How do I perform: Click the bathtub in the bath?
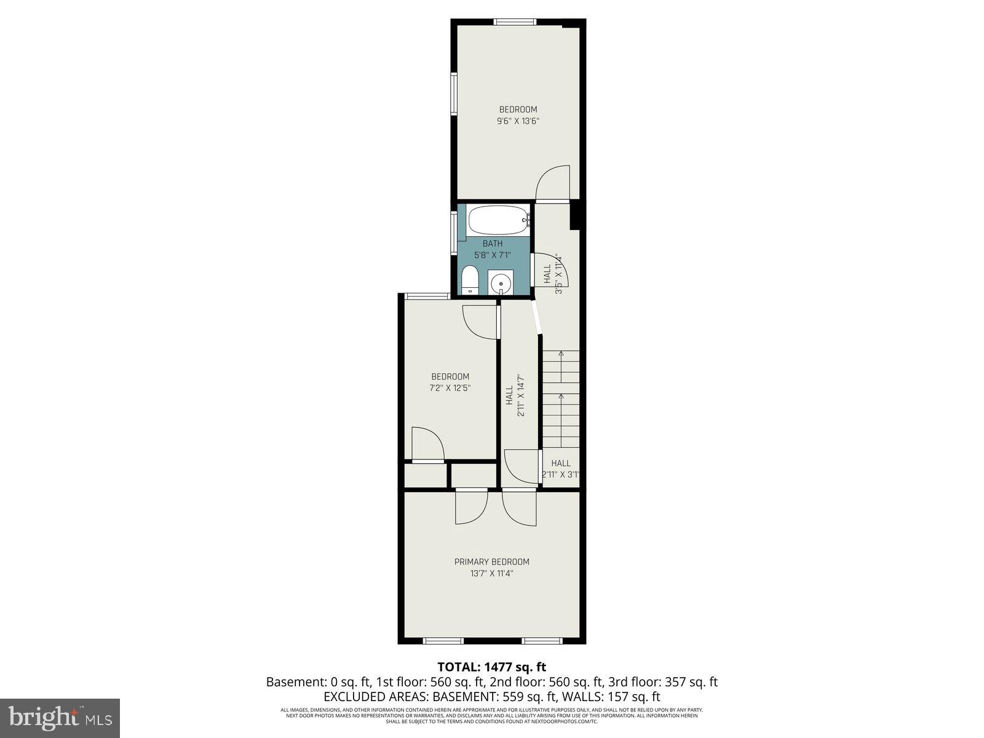point(498,219)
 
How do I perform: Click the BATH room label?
point(492,244)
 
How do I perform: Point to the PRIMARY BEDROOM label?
point(491,561)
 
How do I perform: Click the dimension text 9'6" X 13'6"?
point(518,121)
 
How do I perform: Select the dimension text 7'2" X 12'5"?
point(450,388)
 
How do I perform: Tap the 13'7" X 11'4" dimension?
point(491,573)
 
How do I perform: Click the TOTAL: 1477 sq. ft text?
point(491,667)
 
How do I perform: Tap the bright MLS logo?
point(60,718)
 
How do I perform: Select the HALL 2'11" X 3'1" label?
point(560,469)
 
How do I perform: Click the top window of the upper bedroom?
point(515,22)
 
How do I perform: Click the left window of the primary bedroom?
point(443,640)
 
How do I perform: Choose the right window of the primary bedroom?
point(542,640)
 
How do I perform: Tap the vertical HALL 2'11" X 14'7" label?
point(515,395)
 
